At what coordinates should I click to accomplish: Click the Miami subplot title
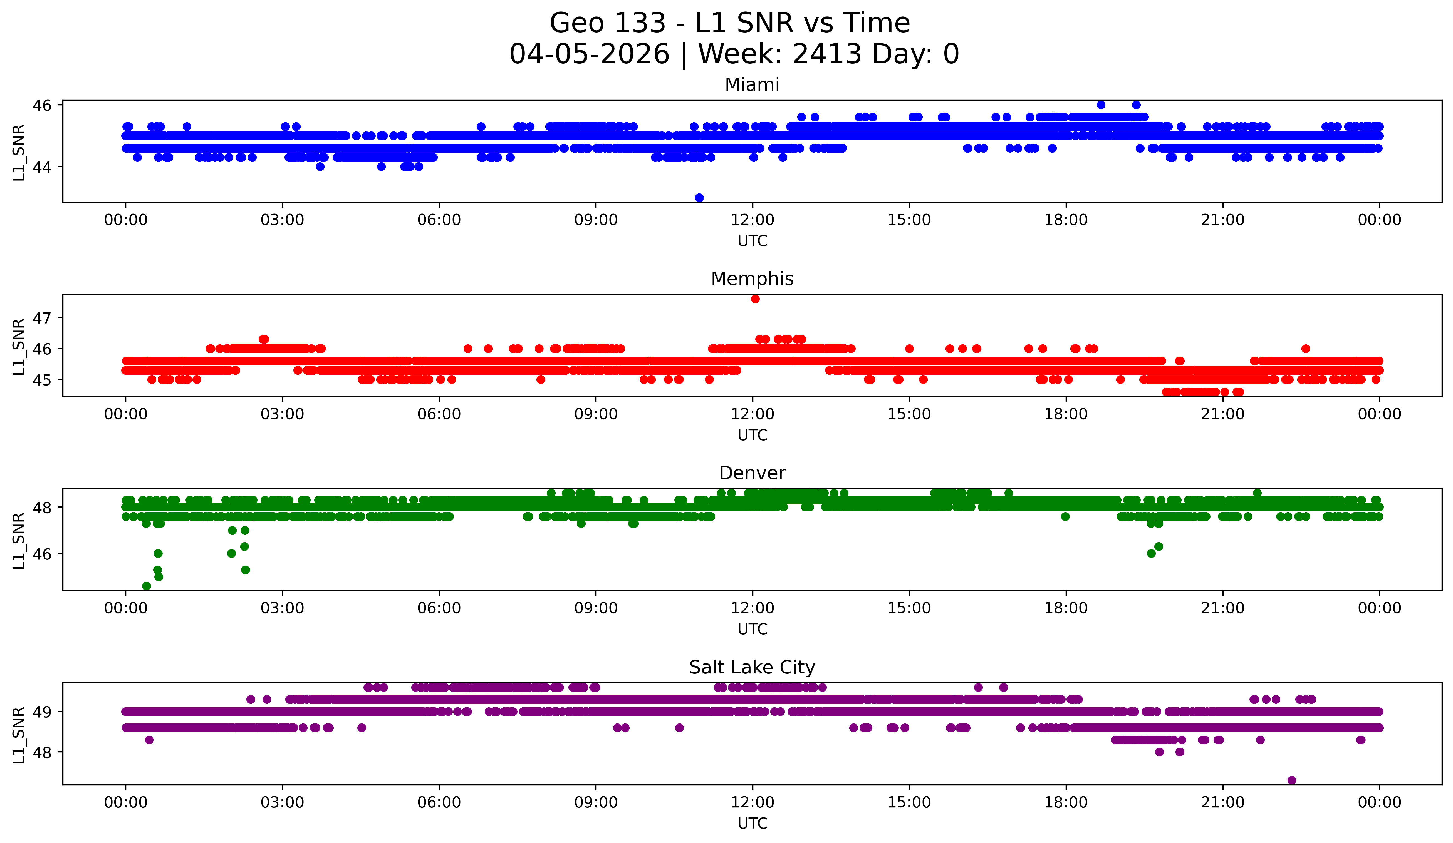[752, 85]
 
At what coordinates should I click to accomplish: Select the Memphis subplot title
[752, 279]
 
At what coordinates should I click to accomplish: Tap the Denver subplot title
[752, 473]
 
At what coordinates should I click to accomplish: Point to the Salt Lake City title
[752, 667]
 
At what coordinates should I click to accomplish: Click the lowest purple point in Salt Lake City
[1291, 780]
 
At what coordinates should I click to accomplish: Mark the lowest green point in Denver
[147, 586]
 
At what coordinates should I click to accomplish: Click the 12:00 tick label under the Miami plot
[752, 220]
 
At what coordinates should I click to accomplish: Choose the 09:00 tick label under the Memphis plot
[596, 414]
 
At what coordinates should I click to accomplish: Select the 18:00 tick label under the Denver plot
[1066, 608]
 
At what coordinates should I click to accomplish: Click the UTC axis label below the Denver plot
[752, 629]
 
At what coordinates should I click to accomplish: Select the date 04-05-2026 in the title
[589, 54]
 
